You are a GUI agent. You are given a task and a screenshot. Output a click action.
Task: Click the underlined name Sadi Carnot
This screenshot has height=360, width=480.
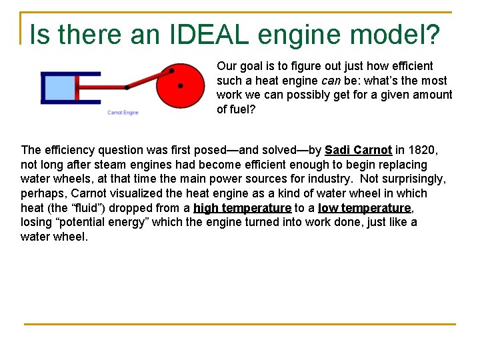pos(358,150)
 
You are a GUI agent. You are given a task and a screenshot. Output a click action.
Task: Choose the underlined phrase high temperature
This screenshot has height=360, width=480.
pos(242,208)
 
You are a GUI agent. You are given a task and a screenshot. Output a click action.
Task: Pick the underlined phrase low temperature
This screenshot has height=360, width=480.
pos(364,208)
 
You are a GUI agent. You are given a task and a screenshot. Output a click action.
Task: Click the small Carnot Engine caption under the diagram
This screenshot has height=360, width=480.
pos(123,113)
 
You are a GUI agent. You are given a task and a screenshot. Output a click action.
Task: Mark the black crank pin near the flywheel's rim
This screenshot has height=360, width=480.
pos(171,70)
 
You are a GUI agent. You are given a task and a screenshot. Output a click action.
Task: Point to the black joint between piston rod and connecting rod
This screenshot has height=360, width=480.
pos(127,87)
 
